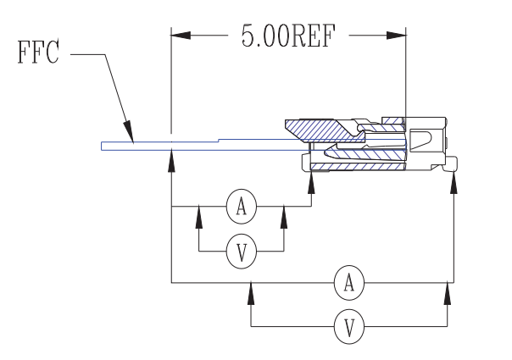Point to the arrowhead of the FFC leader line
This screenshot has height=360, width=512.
[x=130, y=135]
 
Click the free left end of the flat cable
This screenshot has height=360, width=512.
[x=103, y=146]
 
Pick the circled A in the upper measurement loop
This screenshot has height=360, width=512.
[x=242, y=205]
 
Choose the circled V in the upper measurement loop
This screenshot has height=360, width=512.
[x=242, y=251]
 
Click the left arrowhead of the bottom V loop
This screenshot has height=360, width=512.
[x=251, y=293]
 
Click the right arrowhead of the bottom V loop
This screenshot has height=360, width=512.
[x=447, y=293]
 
